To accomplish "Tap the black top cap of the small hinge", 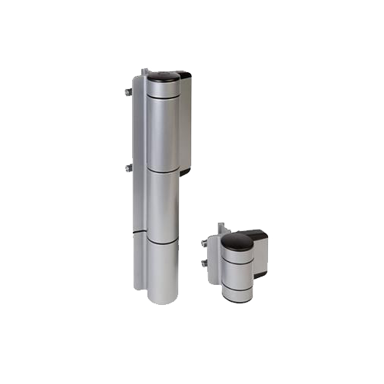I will (237, 241).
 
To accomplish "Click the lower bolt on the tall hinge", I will (127, 167).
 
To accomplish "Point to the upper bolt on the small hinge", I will (204, 243).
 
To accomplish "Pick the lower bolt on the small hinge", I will (204, 263).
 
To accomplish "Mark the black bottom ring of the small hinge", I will (237, 298).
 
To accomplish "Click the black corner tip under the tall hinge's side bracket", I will (185, 172).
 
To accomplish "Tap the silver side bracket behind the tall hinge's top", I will (185, 123).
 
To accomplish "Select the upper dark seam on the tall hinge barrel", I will (162, 170).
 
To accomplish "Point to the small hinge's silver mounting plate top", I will (220, 228).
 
